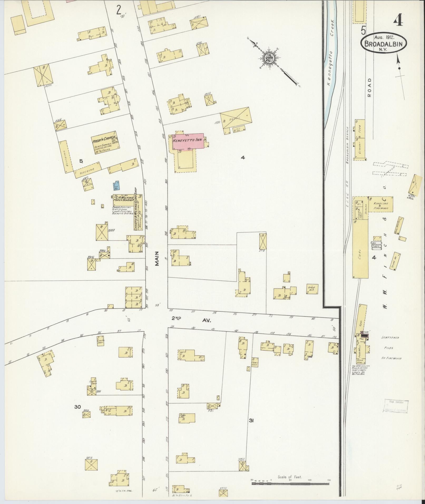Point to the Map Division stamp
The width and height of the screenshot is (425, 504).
(395, 413)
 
